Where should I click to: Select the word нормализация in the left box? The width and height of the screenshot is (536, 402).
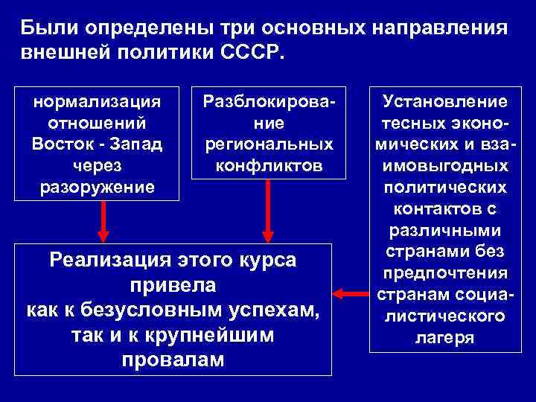coord(98,101)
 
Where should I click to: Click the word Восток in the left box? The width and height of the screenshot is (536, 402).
coord(64,142)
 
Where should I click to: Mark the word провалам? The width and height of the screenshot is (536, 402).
coord(172,359)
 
